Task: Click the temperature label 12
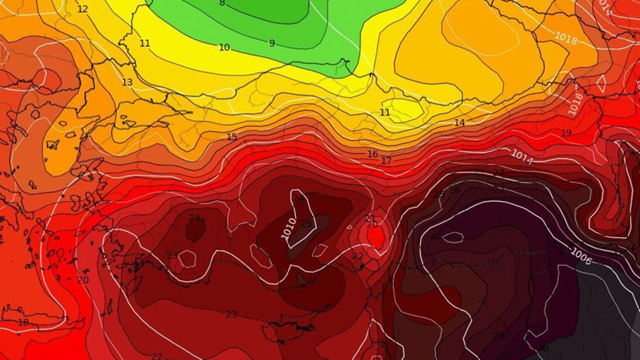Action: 83,9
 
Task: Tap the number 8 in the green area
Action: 221,3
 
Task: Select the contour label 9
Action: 272,43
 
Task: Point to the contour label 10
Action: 224,47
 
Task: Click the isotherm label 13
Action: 127,82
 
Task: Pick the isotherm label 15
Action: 232,137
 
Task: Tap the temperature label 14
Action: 459,122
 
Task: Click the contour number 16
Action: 373,154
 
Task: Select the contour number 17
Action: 386,161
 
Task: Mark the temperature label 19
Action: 566,133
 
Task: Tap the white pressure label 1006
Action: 581,255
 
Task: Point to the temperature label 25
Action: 306,224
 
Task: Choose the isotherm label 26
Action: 454,190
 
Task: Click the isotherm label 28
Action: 498,336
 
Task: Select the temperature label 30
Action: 542,348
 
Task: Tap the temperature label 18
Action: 23,322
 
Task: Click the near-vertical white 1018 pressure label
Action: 576,104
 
